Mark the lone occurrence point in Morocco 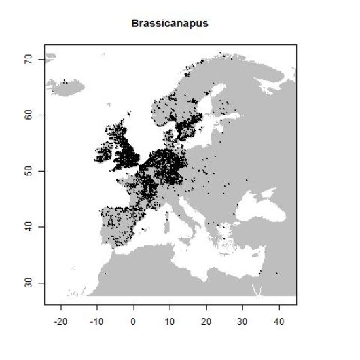tap(105, 274)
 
